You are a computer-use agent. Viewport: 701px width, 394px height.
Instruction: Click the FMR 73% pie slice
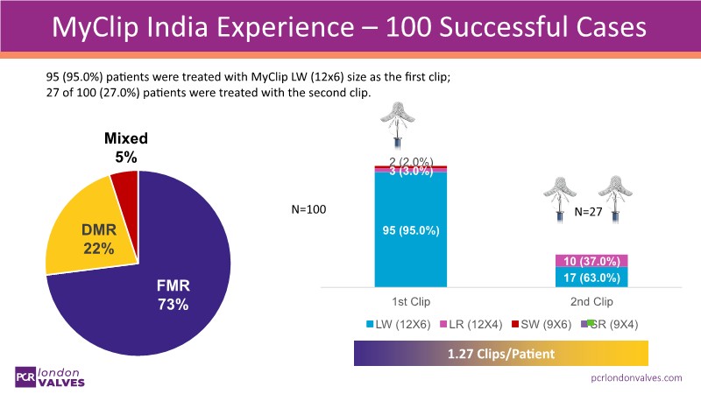point(166,280)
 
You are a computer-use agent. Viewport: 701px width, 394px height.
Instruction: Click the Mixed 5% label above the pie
point(126,147)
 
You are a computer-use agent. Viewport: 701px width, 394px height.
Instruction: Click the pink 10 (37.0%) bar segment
point(592,261)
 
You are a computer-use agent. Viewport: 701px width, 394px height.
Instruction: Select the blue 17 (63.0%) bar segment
point(592,278)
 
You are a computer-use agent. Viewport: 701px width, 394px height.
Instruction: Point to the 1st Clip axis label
point(411,299)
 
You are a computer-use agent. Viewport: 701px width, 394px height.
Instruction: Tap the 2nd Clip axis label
point(592,299)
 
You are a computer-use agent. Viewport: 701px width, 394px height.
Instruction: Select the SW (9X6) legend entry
point(543,324)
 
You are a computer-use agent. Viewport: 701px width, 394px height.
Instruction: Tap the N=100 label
point(308,210)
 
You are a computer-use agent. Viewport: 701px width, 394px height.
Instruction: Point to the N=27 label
point(589,212)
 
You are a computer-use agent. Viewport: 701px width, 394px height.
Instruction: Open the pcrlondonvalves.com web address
point(637,377)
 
